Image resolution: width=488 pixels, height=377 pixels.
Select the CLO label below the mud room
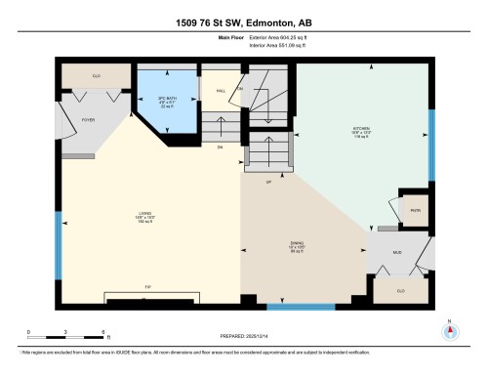pos(400,290)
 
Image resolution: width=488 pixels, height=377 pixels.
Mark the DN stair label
pos(221,147)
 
